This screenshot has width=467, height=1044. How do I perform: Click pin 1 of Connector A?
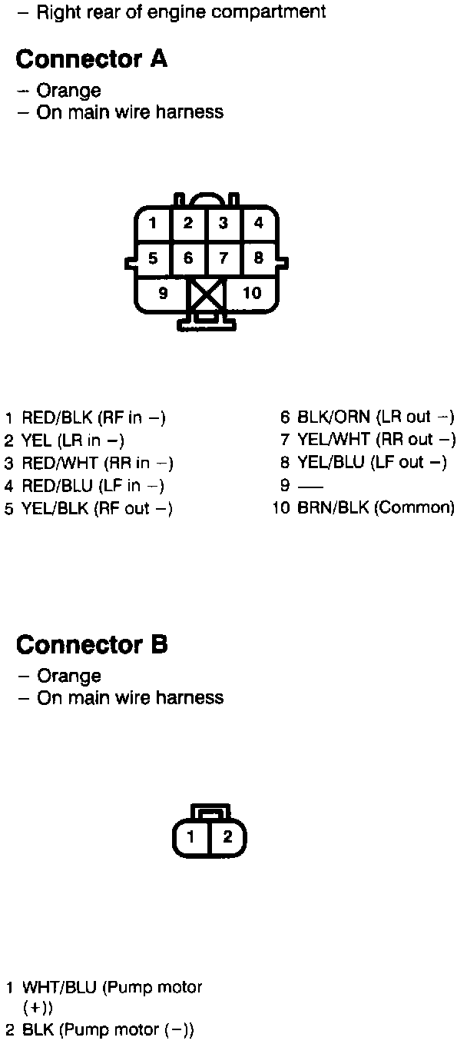pyautogui.click(x=153, y=224)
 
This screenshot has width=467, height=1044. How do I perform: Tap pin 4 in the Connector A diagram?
pyautogui.click(x=259, y=224)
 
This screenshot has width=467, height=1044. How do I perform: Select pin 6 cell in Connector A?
pyautogui.click(x=188, y=258)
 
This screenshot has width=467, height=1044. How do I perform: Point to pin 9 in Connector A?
pyautogui.click(x=163, y=293)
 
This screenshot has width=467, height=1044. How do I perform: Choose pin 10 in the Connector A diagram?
pyautogui.click(x=252, y=293)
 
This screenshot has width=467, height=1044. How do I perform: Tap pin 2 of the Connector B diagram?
pyautogui.click(x=227, y=837)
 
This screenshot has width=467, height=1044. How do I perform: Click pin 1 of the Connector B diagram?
pyautogui.click(x=191, y=837)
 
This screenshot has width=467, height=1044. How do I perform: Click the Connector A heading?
pyautogui.click(x=91, y=59)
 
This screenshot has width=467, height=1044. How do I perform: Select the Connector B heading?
pyautogui.click(x=91, y=644)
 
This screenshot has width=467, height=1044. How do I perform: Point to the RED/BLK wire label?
pyautogui.click(x=57, y=418)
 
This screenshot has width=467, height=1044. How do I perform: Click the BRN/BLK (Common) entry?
pyautogui.click(x=376, y=508)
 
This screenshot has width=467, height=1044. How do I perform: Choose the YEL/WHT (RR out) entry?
pyautogui.click(x=376, y=441)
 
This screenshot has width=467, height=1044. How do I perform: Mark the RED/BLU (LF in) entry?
pyautogui.click(x=92, y=486)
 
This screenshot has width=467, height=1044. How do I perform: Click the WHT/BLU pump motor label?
pyautogui.click(x=112, y=988)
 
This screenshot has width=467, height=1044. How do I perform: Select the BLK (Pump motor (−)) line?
pyautogui.click(x=108, y=1030)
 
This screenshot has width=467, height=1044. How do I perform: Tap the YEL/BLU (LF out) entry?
pyautogui.click(x=372, y=463)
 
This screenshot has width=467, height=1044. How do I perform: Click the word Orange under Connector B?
pyautogui.click(x=68, y=677)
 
